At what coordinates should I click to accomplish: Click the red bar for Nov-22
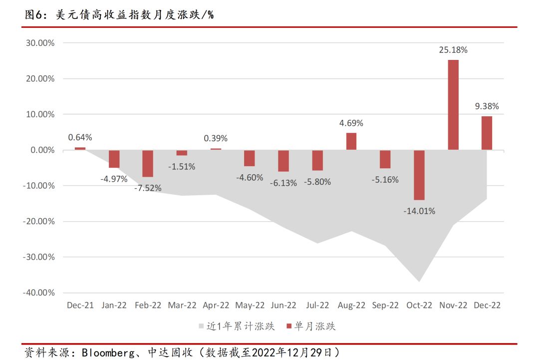click(x=453, y=105)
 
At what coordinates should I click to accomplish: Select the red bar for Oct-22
click(x=419, y=175)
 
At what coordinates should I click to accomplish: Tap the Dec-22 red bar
click(x=487, y=133)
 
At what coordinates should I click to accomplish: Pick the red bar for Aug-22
click(x=351, y=141)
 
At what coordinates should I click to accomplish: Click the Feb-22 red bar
click(x=148, y=163)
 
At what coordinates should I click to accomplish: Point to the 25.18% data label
click(x=453, y=50)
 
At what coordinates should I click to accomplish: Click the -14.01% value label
click(x=419, y=211)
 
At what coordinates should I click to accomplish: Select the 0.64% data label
click(x=80, y=137)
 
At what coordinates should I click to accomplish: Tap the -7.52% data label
click(x=148, y=189)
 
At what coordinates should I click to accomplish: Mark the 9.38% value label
click(x=487, y=106)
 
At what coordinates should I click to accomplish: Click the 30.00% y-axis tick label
click(x=39, y=43)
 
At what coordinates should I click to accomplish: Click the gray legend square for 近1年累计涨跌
click(x=202, y=327)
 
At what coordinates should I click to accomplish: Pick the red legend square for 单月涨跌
click(x=288, y=327)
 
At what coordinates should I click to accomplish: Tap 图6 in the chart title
click(x=33, y=15)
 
